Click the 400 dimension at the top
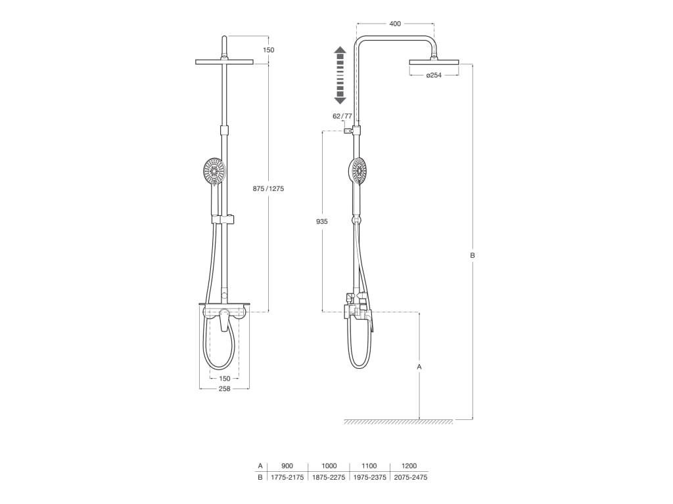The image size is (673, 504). (395, 24)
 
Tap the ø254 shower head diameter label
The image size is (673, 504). (434, 75)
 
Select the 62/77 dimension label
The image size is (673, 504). (342, 116)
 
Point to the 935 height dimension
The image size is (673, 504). (321, 222)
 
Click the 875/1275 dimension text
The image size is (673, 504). (268, 188)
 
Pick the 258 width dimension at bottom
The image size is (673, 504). (224, 389)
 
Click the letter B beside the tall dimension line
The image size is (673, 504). (472, 255)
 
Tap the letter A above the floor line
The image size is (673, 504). (419, 366)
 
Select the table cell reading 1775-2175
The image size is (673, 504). (287, 477)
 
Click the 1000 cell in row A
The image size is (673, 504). (329, 466)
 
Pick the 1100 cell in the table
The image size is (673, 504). (369, 466)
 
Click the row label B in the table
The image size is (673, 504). (260, 477)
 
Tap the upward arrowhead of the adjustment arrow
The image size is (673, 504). (340, 50)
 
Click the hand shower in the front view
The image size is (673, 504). (214, 173)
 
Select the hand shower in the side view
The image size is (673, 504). (358, 171)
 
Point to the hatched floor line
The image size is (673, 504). (398, 422)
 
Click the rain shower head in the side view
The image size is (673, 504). (434, 62)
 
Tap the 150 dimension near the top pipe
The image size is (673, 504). (268, 50)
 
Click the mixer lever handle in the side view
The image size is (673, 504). (370, 322)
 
